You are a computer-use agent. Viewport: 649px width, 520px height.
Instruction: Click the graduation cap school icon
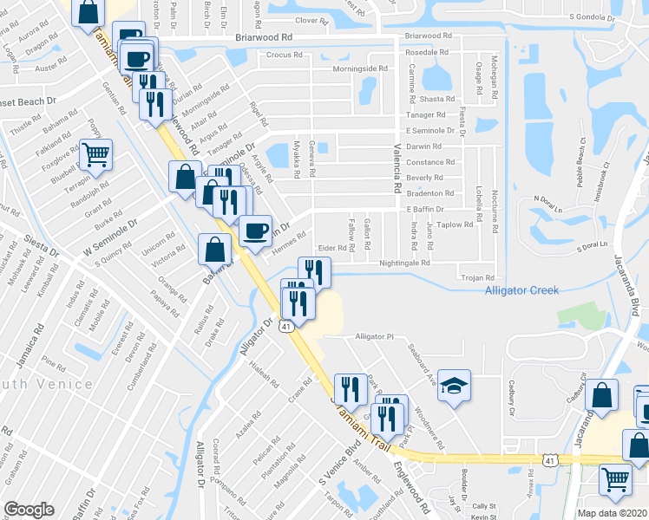tap(454, 386)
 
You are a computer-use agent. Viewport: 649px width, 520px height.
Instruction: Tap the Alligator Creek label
tap(521, 290)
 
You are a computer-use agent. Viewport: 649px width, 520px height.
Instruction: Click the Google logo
tap(29, 510)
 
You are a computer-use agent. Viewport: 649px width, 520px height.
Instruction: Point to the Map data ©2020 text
tap(613, 512)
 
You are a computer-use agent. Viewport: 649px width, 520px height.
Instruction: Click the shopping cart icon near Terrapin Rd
tap(96, 154)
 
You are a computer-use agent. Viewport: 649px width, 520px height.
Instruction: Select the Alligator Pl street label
tap(375, 336)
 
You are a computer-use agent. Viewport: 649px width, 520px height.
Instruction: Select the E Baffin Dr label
tap(424, 209)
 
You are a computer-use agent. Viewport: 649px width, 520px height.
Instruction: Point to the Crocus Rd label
tap(285, 54)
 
